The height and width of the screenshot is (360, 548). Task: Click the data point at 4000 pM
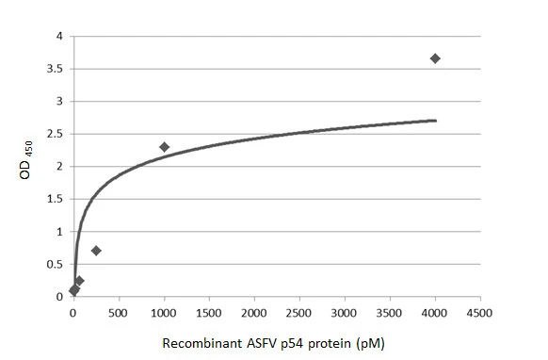click(x=435, y=58)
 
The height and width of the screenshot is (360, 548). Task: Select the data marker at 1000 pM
click(x=164, y=147)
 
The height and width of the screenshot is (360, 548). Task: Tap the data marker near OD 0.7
click(x=96, y=251)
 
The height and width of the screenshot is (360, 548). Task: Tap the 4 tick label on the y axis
click(x=59, y=37)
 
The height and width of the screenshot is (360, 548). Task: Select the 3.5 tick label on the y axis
click(x=56, y=70)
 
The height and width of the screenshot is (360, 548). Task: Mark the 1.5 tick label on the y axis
click(x=56, y=200)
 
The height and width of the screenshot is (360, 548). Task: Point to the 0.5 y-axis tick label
click(x=56, y=265)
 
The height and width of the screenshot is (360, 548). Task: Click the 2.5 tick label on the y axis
click(x=56, y=135)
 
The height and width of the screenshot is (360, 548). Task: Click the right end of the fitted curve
click(x=436, y=121)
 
